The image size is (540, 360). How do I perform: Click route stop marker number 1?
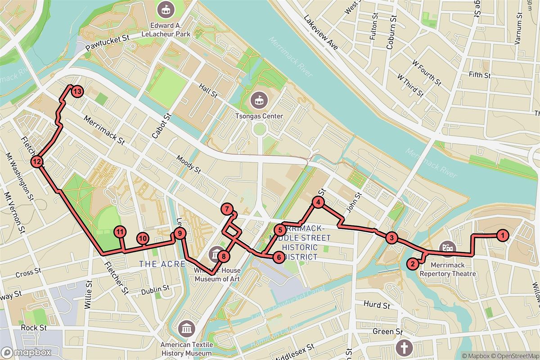(x=502, y=234)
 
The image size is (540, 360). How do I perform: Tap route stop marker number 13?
(x=77, y=92)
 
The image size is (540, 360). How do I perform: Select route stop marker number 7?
(x=227, y=209)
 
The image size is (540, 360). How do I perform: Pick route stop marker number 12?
(x=37, y=162)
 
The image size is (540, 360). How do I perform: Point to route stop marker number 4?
(x=318, y=203)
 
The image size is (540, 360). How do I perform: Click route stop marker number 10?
(x=143, y=238)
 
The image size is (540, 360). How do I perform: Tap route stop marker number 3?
(x=391, y=238)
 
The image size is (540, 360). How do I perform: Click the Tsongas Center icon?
(x=259, y=99)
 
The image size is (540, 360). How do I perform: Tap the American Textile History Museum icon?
(x=186, y=329)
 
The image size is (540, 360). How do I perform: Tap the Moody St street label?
(x=189, y=164)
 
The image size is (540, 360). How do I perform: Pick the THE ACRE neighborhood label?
(x=162, y=264)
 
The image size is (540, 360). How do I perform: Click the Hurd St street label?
(x=376, y=306)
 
